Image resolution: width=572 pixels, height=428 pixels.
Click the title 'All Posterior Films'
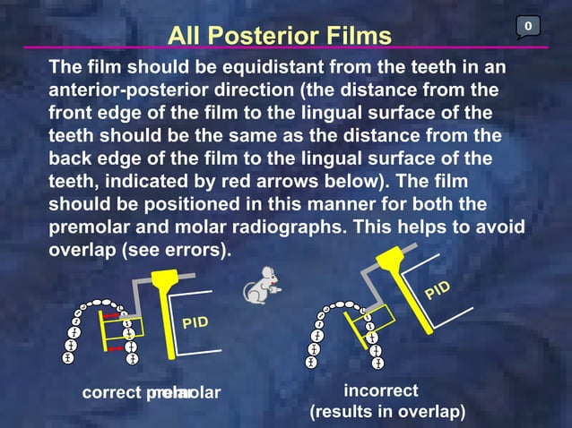[x=280, y=36]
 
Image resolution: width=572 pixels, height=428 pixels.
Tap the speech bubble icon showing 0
[x=528, y=28]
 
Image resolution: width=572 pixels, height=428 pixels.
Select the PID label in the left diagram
[x=197, y=320]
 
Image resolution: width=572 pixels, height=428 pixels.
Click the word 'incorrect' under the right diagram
[x=380, y=391]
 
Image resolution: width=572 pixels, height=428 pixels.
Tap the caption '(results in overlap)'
[x=387, y=412]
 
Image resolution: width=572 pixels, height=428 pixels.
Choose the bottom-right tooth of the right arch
[x=377, y=362]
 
